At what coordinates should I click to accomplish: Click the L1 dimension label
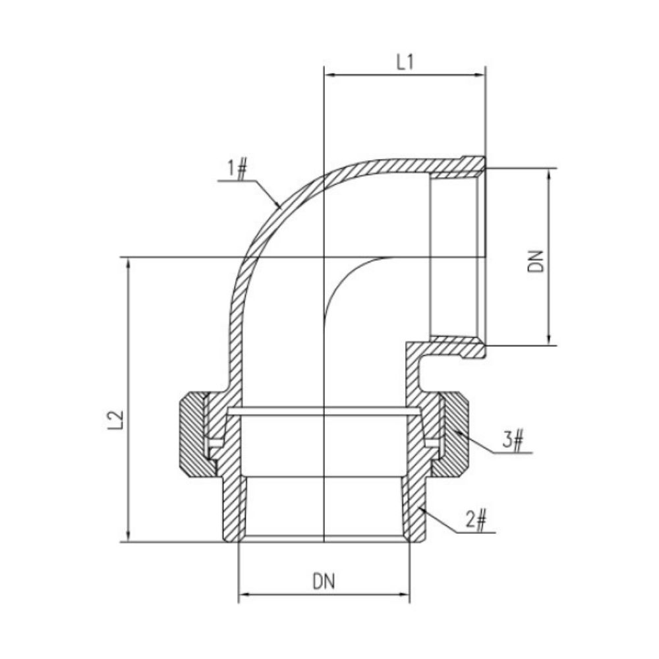point(404,63)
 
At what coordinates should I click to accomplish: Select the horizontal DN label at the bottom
point(324,582)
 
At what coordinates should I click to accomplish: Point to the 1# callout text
point(237,169)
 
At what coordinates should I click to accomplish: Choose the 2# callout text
point(476,521)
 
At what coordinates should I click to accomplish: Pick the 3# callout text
point(513,440)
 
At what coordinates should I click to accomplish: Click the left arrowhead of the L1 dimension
point(329,76)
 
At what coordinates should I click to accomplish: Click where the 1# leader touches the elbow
point(281,208)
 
